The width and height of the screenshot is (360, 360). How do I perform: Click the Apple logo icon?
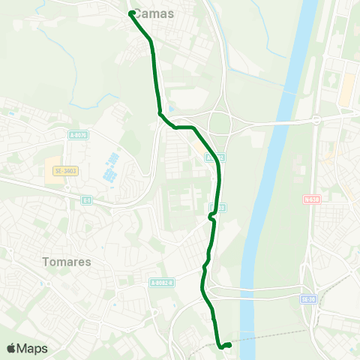click(12, 348)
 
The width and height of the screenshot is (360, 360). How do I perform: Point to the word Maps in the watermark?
click(32, 349)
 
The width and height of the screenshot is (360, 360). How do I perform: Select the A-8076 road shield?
click(77, 136)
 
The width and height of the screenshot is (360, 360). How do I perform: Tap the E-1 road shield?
click(87, 200)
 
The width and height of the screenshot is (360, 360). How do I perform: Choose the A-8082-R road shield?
click(161, 283)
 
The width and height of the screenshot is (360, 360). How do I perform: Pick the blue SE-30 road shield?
click(306, 298)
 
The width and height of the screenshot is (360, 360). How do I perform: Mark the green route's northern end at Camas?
click(131, 13)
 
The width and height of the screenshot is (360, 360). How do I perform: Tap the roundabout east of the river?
click(316, 119)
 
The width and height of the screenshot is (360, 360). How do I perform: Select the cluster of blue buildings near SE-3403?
click(110, 166)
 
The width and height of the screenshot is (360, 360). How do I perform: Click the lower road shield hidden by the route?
click(217, 206)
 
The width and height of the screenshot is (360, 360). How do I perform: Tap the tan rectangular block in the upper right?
click(346, 89)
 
